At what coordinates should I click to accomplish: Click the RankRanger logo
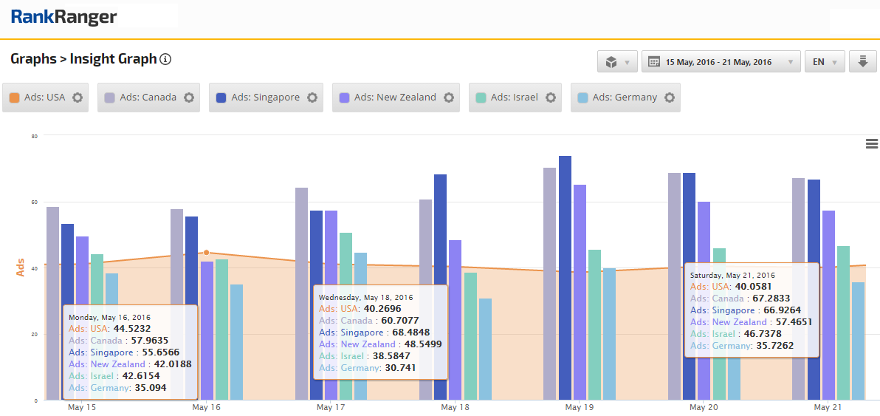(64, 17)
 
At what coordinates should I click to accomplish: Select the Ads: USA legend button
(46, 98)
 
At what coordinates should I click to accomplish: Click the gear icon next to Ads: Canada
(189, 98)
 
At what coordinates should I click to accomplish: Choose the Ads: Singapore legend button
(266, 98)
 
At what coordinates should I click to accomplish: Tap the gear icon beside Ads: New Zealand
(448, 98)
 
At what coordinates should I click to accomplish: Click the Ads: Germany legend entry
(625, 98)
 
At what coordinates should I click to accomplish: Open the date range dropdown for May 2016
(721, 62)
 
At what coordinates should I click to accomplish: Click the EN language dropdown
(825, 62)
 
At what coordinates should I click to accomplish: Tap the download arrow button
(862, 62)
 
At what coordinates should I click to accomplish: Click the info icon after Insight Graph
(165, 59)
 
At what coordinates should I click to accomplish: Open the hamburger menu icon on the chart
(872, 144)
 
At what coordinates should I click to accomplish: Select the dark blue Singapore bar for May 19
(565, 278)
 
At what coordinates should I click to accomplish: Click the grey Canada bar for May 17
(301, 294)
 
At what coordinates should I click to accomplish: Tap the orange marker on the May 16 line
(206, 253)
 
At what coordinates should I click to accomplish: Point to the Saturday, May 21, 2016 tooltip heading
(732, 276)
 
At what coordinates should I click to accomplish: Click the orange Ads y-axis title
(21, 267)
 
